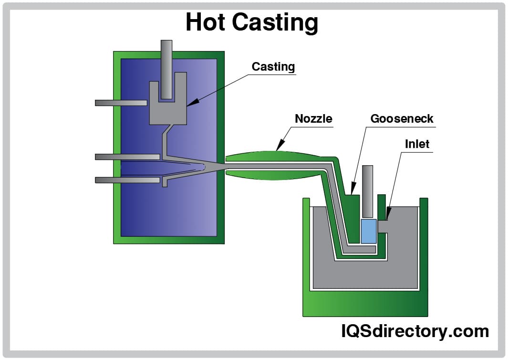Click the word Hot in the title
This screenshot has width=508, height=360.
point(209,22)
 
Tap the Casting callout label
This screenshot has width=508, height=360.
point(273,67)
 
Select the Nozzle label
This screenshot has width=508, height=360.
point(313,118)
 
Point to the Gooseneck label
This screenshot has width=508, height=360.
point(402,118)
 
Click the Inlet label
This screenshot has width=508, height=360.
point(417,144)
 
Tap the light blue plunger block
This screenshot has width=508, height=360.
point(369,231)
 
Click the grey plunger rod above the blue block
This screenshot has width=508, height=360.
point(368,191)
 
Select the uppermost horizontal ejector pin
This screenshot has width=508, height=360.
point(121,103)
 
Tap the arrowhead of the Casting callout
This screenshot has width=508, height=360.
point(189,103)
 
